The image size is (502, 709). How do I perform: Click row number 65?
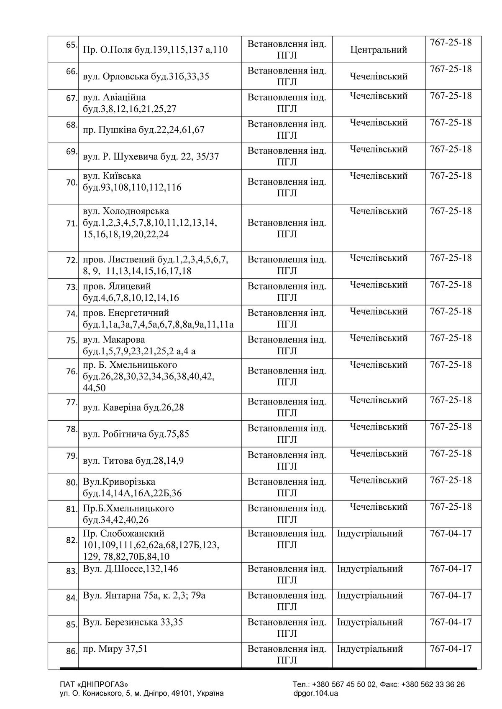pyautogui.click(x=72, y=45)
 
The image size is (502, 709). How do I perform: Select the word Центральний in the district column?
pyautogui.click(x=378, y=50)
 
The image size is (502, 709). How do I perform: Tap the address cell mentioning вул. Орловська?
pyautogui.click(x=146, y=76)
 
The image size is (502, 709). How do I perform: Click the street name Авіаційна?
pyautogui.click(x=124, y=97)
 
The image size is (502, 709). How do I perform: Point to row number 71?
pyautogui.click(x=72, y=224)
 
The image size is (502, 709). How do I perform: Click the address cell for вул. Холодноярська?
pyautogui.click(x=150, y=223)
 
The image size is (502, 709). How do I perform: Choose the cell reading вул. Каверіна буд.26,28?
pyautogui.click(x=133, y=407)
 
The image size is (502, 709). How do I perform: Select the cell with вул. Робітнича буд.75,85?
pyautogui.click(x=136, y=434)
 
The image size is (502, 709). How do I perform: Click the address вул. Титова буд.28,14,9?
pyautogui.click(x=133, y=460)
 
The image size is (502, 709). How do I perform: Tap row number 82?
pyautogui.click(x=72, y=540)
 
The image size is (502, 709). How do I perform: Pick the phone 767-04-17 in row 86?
pyautogui.click(x=451, y=649)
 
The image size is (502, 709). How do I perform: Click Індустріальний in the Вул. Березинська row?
pyautogui.click(x=370, y=622)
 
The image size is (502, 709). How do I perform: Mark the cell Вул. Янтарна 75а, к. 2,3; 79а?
pyautogui.click(x=144, y=595)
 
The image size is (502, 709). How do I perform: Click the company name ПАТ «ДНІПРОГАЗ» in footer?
pyautogui.click(x=94, y=684)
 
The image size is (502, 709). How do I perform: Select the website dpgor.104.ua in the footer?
pyautogui.click(x=316, y=694)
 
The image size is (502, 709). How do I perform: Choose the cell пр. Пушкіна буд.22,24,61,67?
pyautogui.click(x=143, y=130)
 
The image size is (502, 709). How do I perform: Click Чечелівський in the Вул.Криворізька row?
pyautogui.click(x=378, y=480)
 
